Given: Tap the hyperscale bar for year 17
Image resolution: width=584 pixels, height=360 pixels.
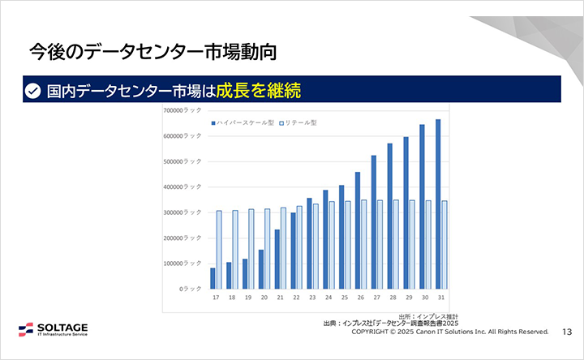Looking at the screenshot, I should click(x=213, y=278).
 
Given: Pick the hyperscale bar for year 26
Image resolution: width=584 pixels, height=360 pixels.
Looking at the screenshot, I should click(x=358, y=230).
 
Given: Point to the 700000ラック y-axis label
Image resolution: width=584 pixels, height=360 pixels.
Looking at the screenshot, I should click(x=182, y=110).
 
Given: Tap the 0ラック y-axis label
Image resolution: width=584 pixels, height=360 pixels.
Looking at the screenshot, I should click(x=191, y=289).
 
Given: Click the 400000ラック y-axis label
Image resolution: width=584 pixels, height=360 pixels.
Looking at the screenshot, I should click(x=182, y=186).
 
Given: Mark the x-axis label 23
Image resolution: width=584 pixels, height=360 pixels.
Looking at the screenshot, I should click(x=311, y=298).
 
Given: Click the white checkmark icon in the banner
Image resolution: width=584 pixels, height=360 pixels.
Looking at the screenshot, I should click(x=32, y=91).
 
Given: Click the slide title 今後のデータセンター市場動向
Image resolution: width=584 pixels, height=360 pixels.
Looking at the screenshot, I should click(x=153, y=53).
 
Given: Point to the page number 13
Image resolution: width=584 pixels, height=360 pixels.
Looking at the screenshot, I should click(x=567, y=332).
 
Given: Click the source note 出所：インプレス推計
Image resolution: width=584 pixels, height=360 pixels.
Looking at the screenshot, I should click(x=429, y=315).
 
